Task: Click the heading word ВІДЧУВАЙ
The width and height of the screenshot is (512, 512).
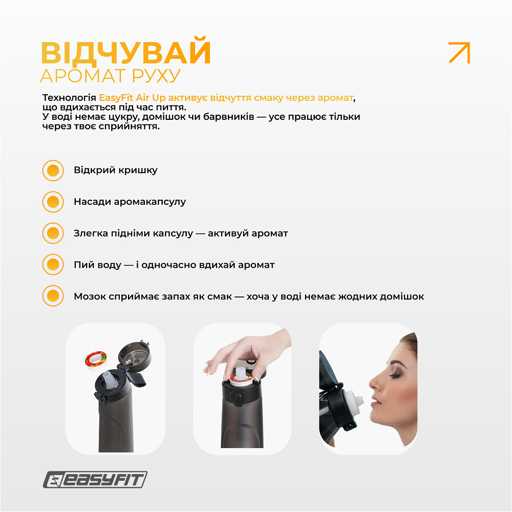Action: click(x=125, y=52)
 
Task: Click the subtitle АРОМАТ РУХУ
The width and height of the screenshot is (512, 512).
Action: click(x=110, y=76)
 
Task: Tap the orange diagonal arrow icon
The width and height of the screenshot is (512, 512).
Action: click(x=459, y=53)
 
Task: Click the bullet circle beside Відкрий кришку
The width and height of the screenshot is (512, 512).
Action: click(x=53, y=170)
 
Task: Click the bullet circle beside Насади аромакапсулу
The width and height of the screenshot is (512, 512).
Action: click(x=53, y=202)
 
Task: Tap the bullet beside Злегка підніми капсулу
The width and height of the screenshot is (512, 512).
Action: click(x=53, y=233)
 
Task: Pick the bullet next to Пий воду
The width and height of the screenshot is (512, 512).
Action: click(x=53, y=265)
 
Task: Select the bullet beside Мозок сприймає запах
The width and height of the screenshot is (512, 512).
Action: click(x=53, y=296)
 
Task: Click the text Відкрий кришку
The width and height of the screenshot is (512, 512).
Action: click(x=116, y=170)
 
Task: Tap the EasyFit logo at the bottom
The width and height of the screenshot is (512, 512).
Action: click(x=95, y=480)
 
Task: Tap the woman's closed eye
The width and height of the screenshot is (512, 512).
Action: click(x=396, y=374)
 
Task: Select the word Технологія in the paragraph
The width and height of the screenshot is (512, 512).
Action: click(x=69, y=97)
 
